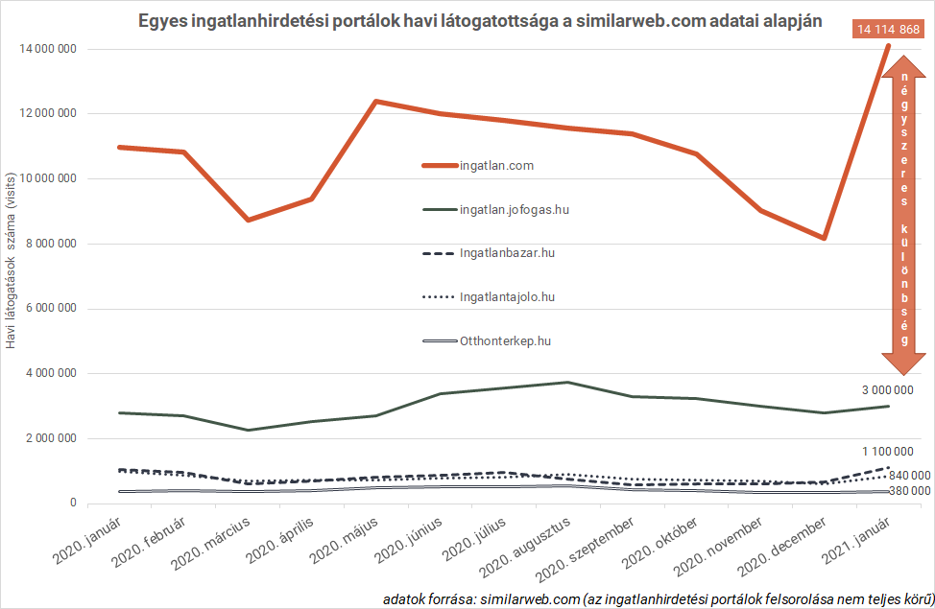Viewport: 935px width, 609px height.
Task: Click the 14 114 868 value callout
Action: click(x=889, y=30)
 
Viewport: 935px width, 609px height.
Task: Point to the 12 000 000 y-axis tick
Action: click(x=47, y=113)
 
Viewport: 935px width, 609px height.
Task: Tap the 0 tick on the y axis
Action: click(x=73, y=503)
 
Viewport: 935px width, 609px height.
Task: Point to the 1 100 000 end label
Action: click(x=887, y=451)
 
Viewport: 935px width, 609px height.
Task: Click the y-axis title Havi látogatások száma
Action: click(x=12, y=259)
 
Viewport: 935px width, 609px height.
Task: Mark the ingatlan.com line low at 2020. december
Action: click(x=825, y=238)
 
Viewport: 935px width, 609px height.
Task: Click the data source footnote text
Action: click(x=658, y=597)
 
